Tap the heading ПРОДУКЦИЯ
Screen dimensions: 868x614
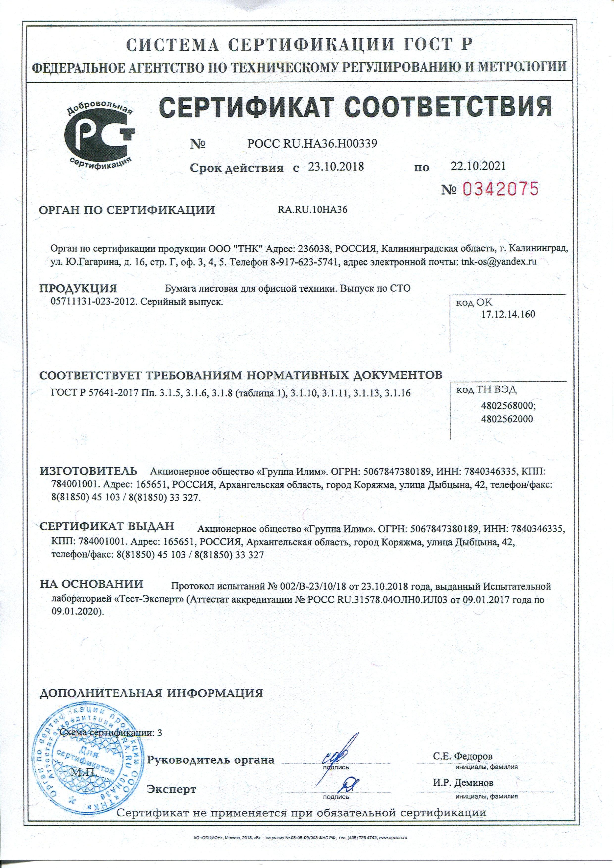click(79, 288)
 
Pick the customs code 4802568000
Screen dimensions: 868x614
click(509, 406)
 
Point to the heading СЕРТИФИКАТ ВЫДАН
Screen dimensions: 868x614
click(107, 527)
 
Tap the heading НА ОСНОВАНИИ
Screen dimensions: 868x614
click(92, 584)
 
